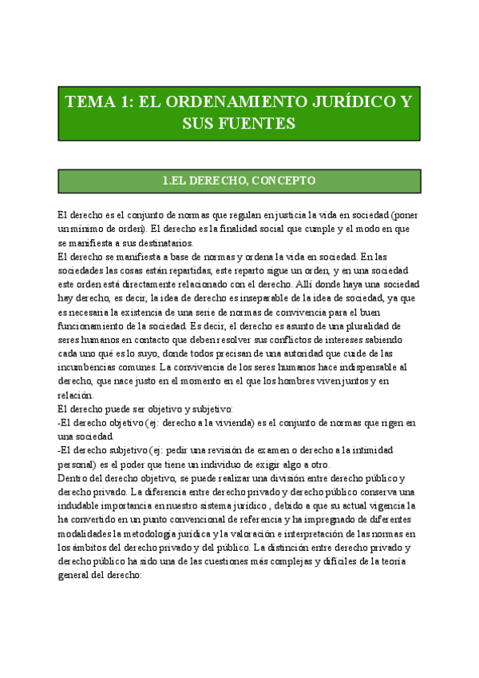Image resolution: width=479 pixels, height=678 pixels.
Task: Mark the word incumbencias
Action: tap(90, 367)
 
